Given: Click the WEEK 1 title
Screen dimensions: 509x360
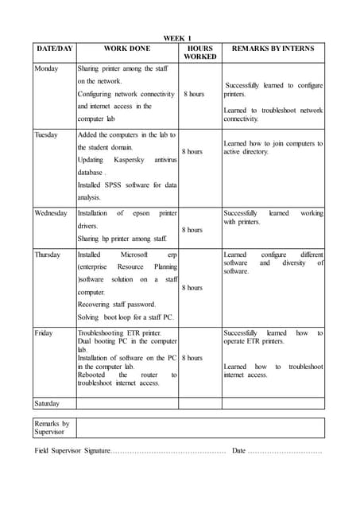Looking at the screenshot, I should tap(177, 38).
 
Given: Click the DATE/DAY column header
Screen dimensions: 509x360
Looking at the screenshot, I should tap(54, 49).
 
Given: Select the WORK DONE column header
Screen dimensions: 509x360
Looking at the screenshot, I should tap(126, 49).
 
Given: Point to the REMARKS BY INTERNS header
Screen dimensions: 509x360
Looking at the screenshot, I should tap(272, 49).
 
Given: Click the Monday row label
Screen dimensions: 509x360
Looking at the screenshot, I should tap(46, 68).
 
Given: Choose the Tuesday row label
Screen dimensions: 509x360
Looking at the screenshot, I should tap(46, 135).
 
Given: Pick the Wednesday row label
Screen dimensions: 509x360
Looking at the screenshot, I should tap(51, 213).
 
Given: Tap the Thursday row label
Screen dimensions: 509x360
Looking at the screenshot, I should tap(48, 254).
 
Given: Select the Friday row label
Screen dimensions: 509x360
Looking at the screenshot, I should tap(44, 332).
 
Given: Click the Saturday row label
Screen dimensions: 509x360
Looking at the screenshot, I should tap(48, 403).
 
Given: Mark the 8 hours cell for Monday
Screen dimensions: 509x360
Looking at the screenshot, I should tap(194, 94).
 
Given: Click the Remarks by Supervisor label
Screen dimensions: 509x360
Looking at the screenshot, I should tap(52, 428).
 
